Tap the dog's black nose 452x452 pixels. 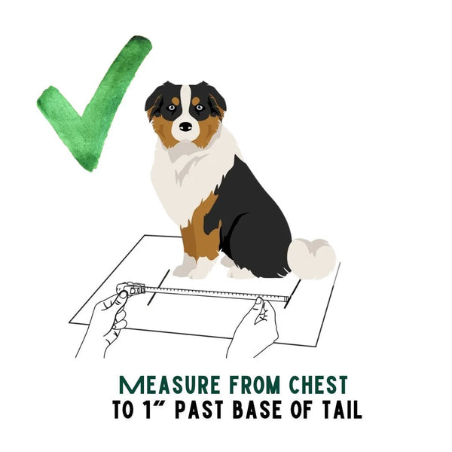click(185, 127)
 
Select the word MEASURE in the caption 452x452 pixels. click(169, 385)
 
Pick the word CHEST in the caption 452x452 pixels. click(318, 385)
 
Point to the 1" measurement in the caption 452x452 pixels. click(154, 409)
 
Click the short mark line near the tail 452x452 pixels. click(292, 294)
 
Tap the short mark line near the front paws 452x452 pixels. click(158, 287)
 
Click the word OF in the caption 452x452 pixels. click(301, 409)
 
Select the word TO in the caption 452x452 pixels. click(123, 409)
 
